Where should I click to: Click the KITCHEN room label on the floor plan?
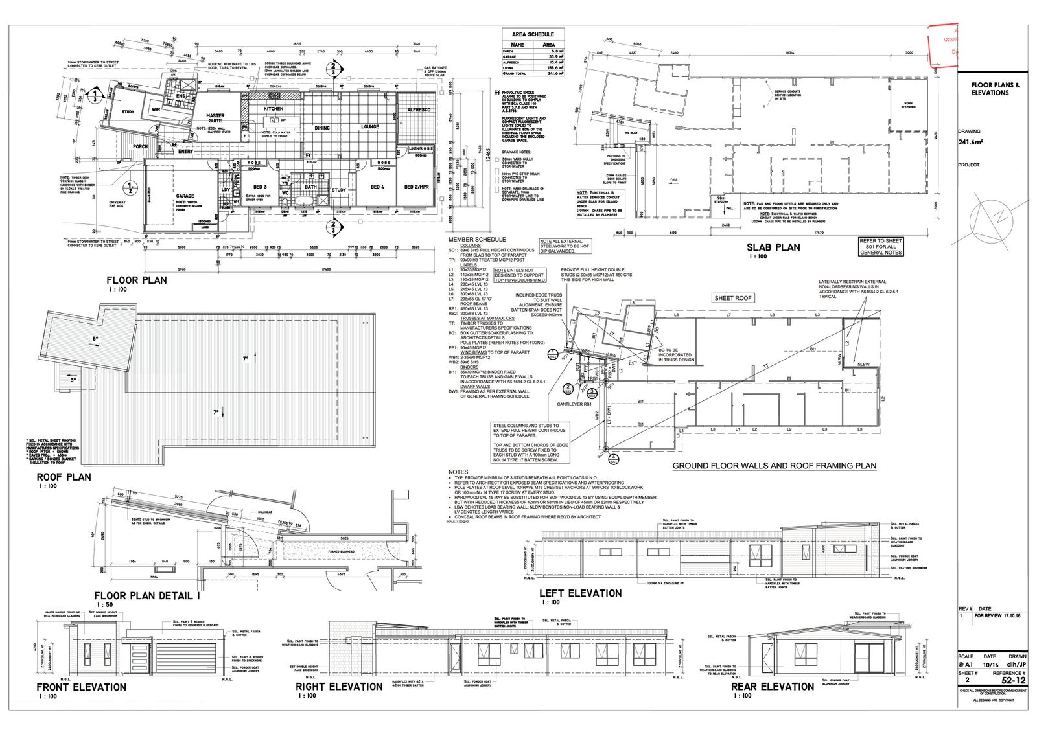point(274,109)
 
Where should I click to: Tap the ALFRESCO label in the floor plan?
point(419,110)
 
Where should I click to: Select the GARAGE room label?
point(185,196)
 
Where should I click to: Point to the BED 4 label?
point(377,187)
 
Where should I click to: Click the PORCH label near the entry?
point(140,147)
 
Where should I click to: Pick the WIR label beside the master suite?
point(156,110)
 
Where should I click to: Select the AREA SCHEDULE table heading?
point(533,34)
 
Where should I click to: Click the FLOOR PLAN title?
point(137,280)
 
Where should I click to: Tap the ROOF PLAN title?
point(64,477)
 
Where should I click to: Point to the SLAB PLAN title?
point(773,247)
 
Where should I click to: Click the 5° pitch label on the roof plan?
point(95,339)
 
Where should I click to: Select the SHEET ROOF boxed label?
point(732,298)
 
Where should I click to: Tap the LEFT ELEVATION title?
point(580,593)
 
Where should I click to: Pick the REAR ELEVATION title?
point(772,686)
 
